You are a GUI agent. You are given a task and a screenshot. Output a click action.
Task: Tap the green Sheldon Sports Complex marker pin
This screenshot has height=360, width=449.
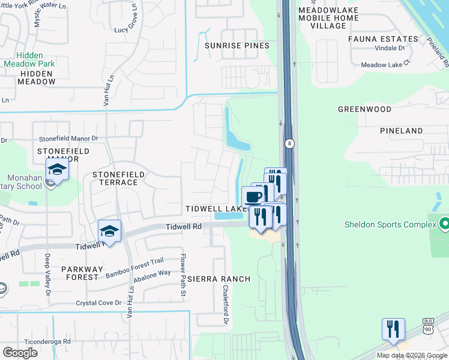tap(444, 225)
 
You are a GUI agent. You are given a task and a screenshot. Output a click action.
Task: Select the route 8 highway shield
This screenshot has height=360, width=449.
tap(289, 143)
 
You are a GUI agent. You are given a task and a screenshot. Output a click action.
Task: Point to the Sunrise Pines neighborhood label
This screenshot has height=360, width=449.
tap(237, 46)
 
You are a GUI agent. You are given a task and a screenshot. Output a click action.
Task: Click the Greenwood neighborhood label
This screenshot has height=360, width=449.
tap(364, 109)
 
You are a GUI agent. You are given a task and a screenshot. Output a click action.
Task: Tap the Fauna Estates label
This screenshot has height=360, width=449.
tap(378, 39)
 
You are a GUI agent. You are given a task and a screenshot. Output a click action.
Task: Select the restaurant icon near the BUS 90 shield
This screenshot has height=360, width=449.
tap(393, 328)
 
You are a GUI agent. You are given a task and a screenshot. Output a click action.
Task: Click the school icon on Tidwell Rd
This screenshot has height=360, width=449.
tap(110, 230)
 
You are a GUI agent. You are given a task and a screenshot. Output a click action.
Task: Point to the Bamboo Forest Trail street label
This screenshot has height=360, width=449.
tap(135, 275)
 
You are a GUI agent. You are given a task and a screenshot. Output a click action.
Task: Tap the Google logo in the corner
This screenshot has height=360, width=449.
tap(20, 352)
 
